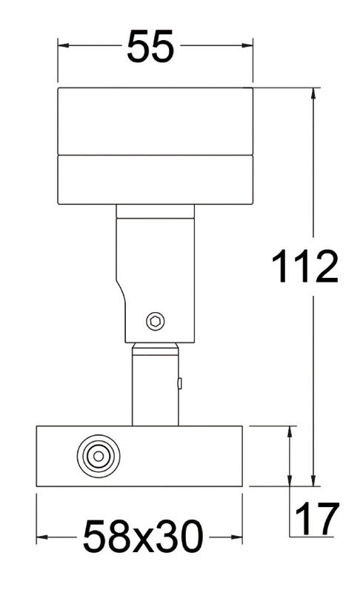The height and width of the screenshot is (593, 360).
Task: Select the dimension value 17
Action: tap(317, 519)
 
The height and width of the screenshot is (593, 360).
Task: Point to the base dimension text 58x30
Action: tap(141, 537)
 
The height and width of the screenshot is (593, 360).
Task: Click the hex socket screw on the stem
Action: tap(156, 321)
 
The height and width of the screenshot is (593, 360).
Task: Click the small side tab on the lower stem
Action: tap(180, 383)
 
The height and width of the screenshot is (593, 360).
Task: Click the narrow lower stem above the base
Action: tap(155, 389)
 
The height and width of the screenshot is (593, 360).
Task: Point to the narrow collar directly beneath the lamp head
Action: tap(155, 211)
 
